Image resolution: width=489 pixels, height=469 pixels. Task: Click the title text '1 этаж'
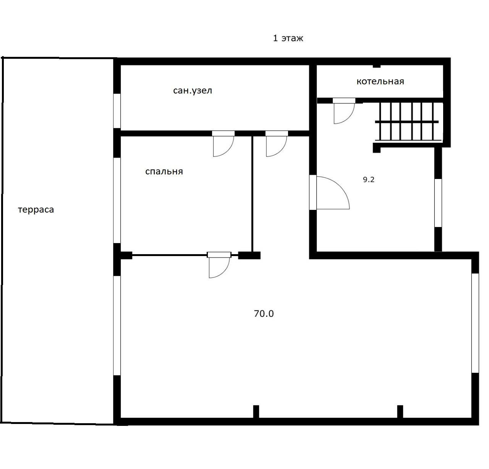[x=288, y=38]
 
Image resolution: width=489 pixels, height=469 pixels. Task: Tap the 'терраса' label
[x=36, y=210]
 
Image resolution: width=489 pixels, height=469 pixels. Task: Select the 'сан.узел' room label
[x=193, y=90]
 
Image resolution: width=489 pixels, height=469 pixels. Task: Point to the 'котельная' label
[x=380, y=81]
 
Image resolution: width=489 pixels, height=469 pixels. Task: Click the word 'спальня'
[x=164, y=171]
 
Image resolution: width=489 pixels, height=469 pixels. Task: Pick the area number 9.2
[x=369, y=179]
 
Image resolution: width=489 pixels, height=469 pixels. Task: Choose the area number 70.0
[x=264, y=314]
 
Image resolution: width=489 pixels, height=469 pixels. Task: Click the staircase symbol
[x=408, y=122]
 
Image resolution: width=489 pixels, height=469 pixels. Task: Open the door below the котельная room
[x=344, y=111]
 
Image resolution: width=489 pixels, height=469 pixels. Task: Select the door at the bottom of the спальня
[x=219, y=265]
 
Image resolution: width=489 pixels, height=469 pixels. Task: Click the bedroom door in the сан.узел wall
[x=223, y=143]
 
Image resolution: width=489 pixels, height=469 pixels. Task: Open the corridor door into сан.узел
[x=277, y=143]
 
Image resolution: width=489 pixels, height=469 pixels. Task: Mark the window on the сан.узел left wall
[x=117, y=111]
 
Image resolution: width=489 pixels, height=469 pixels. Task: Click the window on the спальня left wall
[x=117, y=200]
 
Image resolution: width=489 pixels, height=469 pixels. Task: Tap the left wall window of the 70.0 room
[x=117, y=326]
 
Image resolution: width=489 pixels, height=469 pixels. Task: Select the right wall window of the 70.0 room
[x=475, y=323]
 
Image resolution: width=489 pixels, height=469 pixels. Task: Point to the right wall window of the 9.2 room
[x=438, y=203]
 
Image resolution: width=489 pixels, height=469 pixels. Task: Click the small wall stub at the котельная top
[x=376, y=66]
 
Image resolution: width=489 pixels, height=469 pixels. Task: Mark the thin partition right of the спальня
[x=252, y=194]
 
